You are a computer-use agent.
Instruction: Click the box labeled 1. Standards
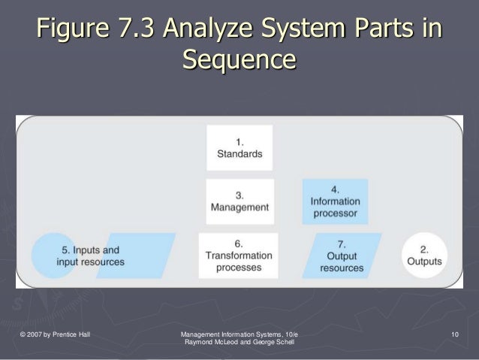[239, 147]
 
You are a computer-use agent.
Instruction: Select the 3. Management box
[239, 201]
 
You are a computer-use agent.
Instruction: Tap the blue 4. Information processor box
[334, 201]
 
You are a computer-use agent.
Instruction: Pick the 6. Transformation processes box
[238, 256]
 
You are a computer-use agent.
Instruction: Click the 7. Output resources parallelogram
[342, 256]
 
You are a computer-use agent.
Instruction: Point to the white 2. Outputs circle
[424, 255]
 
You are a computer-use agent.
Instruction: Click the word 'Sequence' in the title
[239, 59]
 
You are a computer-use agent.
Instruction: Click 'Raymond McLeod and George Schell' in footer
[239, 342]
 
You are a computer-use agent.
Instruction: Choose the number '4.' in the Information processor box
[334, 188]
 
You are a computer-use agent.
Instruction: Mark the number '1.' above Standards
[239, 141]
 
